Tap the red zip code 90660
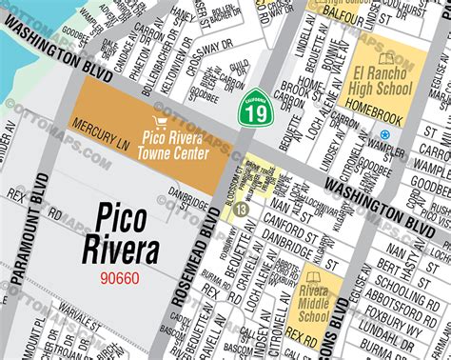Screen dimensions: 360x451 [x=121, y=278]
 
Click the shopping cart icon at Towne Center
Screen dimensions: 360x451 [x=160, y=122]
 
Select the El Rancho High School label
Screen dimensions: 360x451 [x=382, y=80]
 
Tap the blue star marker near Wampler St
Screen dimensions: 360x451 [x=384, y=134]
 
